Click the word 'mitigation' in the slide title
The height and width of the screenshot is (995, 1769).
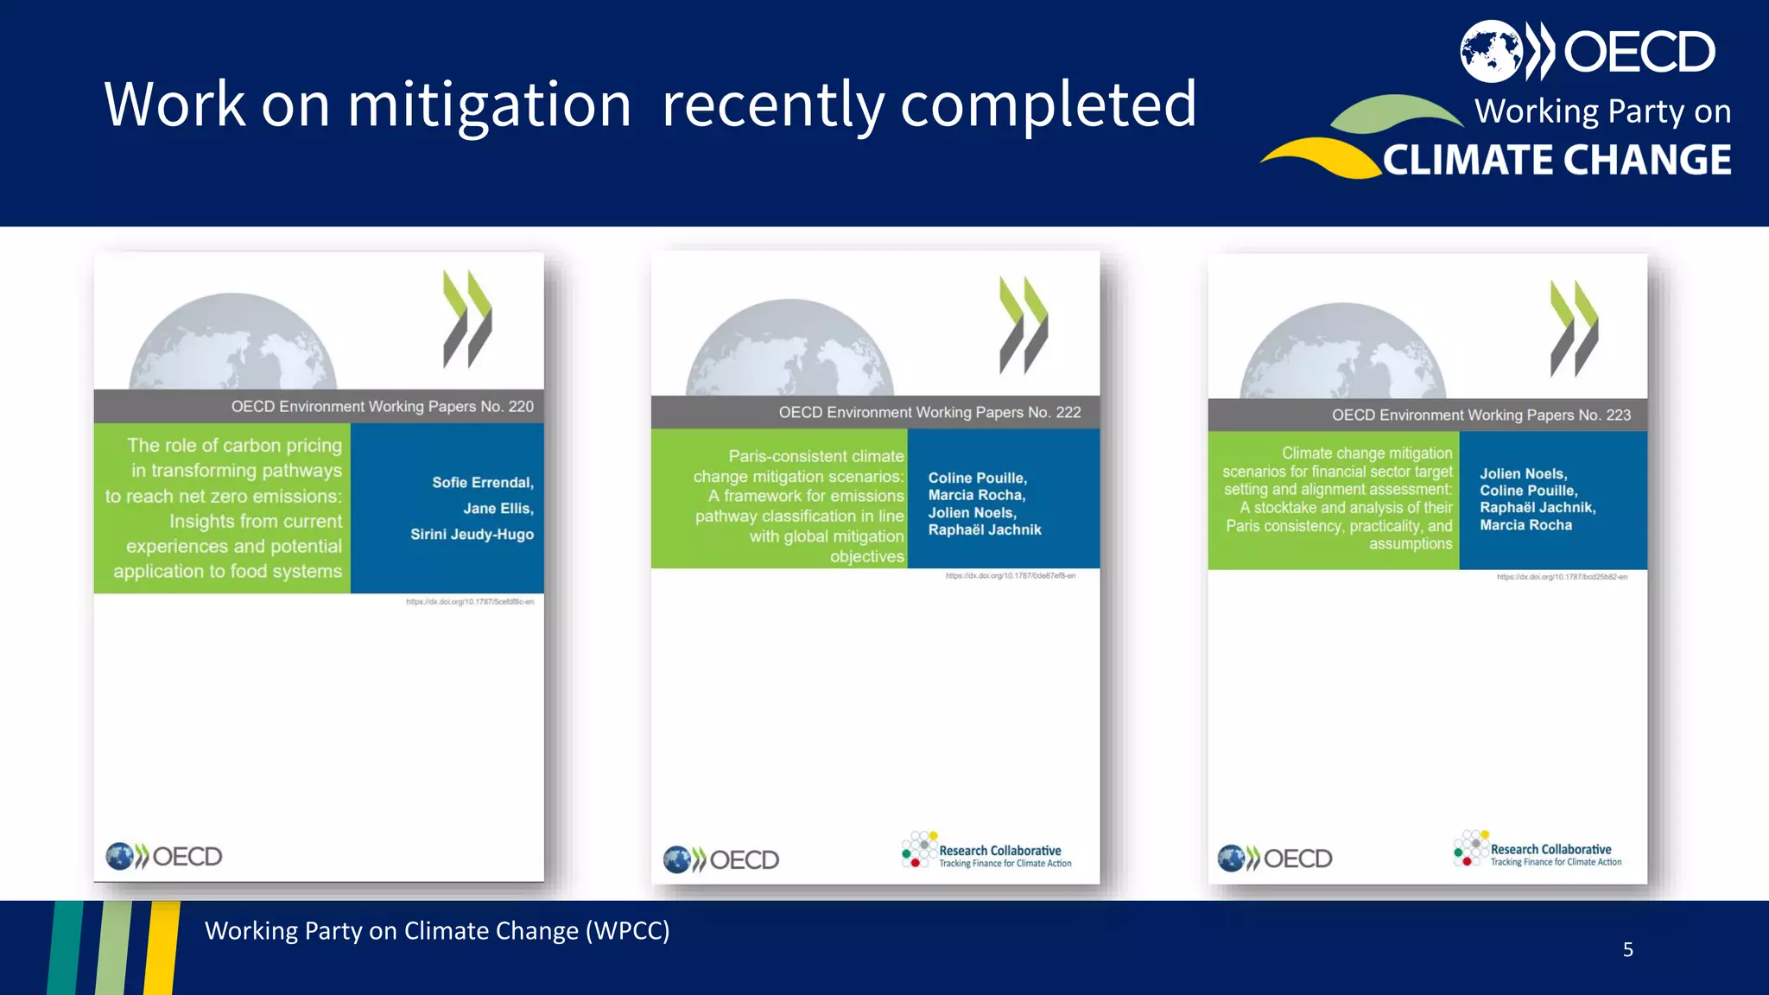(x=489, y=105)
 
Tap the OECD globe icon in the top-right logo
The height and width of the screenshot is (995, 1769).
(x=1491, y=51)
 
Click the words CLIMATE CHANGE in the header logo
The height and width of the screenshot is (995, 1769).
(x=1557, y=161)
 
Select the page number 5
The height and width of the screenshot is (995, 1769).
(x=1627, y=950)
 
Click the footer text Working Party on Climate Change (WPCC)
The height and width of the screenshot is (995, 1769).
(x=437, y=931)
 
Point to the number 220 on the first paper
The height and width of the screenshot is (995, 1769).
(x=521, y=407)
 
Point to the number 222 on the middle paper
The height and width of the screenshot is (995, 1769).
(x=1068, y=413)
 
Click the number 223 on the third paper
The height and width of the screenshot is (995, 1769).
(x=1618, y=415)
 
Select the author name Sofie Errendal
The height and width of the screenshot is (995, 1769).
(x=483, y=483)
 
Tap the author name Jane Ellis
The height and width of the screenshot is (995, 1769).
(x=498, y=509)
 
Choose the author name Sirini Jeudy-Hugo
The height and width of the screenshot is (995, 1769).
(x=472, y=535)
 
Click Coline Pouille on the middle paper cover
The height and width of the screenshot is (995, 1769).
(x=977, y=478)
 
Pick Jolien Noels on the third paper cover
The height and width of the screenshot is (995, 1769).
(x=1523, y=474)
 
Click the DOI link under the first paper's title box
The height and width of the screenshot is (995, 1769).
(x=470, y=602)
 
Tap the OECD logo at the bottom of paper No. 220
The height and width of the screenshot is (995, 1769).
(x=164, y=857)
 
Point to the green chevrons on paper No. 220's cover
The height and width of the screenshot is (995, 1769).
(x=467, y=319)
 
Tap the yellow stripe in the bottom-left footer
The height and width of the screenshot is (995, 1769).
(x=162, y=947)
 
